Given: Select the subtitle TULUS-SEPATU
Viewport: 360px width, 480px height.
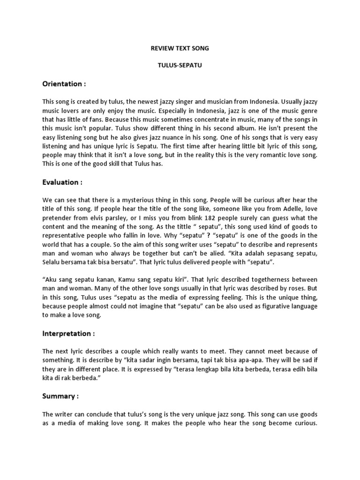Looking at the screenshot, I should [x=180, y=66].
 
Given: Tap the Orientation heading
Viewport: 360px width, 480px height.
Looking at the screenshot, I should [x=64, y=84].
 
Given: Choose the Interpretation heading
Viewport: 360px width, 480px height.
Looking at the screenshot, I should [x=68, y=333].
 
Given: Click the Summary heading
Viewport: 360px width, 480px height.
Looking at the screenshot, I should [x=60, y=396].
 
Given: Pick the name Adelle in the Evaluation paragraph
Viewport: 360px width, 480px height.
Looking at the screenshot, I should [x=267, y=210].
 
